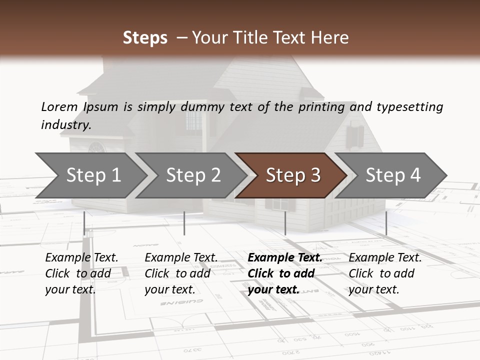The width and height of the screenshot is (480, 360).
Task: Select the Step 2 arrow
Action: coord(193,175)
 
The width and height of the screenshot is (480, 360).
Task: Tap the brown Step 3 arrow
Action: coord(292,175)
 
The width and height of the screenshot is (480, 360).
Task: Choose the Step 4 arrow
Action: coord(393,175)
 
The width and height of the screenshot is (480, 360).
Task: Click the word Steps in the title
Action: coord(145,37)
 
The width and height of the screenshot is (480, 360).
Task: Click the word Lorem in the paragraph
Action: coord(59,106)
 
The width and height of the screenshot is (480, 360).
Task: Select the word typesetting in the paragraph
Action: coord(409,106)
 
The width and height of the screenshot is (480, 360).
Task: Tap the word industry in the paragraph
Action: coord(66,124)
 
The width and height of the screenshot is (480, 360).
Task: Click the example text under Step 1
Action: coord(81,273)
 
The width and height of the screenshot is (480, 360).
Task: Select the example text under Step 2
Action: coord(181,273)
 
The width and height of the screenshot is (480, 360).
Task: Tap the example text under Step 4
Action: coord(385,273)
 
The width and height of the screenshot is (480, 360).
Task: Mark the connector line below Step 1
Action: coord(84,223)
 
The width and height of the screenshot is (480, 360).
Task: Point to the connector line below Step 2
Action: coord(184,223)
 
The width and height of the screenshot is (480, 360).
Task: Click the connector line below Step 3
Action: coord(285,223)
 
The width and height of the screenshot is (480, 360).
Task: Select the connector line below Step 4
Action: coord(386,223)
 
